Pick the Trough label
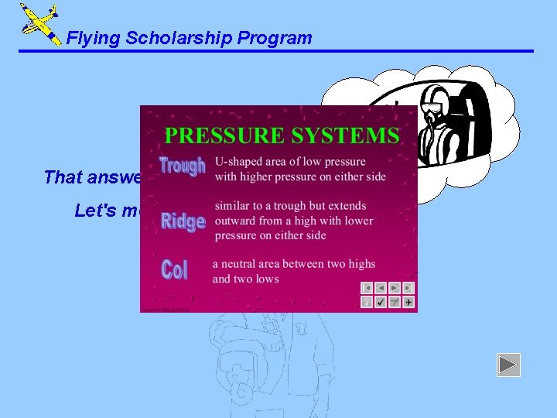182,166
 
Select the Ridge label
183,221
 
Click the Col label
174,270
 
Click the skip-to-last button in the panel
408,288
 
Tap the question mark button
367,302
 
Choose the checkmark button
381,302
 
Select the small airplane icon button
408,302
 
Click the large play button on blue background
508,365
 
